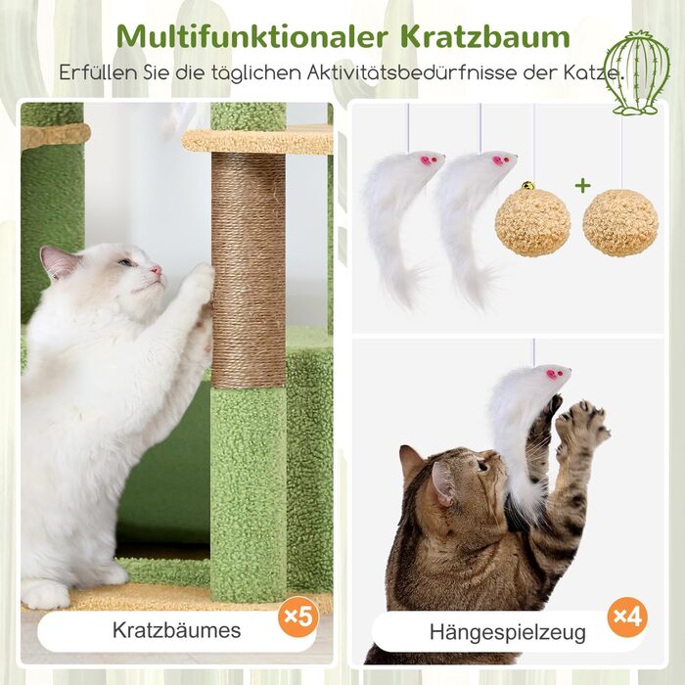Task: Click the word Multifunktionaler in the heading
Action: coord(252,37)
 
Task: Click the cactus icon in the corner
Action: coord(637,72)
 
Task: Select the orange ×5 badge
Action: coord(298,616)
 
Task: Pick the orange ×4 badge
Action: coord(628,616)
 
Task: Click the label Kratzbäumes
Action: coord(176,630)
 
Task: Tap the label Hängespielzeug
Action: coord(508,632)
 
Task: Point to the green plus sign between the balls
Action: coord(583,186)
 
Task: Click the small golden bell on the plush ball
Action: coord(528,186)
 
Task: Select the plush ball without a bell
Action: coord(620,223)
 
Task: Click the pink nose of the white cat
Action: coord(156,270)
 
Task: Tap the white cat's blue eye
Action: coord(126,262)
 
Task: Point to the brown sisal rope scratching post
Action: coord(249,270)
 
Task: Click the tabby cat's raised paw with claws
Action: coord(582,424)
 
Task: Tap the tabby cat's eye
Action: coord(482,465)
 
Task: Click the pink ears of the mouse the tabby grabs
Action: coord(553,374)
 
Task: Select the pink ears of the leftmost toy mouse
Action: coord(428,160)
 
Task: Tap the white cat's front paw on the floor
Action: coord(45,593)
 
